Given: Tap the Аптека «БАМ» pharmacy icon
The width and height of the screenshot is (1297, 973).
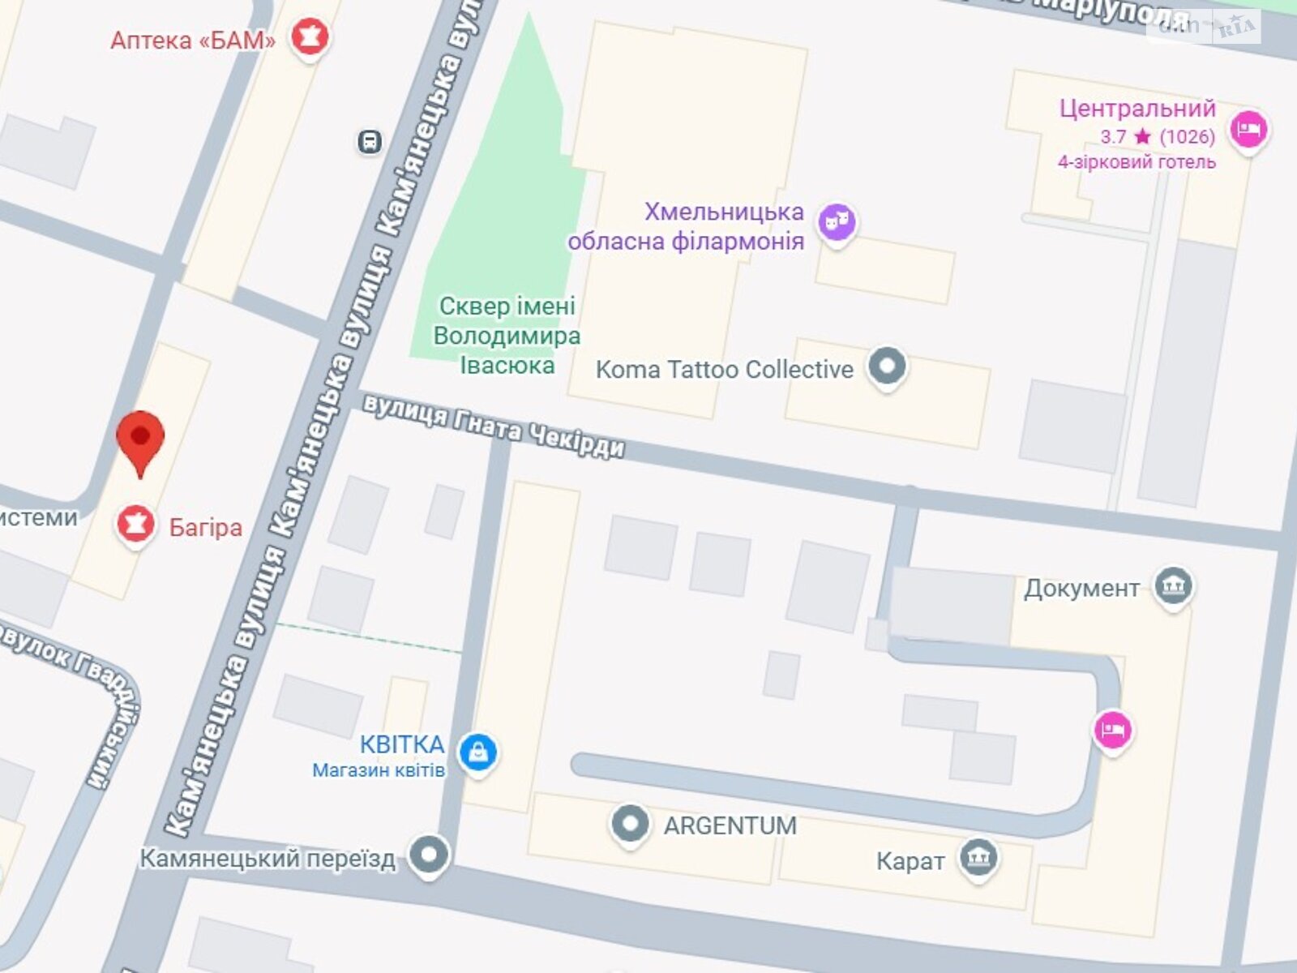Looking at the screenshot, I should tap(310, 36).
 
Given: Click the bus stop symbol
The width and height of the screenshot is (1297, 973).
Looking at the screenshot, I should tap(370, 143).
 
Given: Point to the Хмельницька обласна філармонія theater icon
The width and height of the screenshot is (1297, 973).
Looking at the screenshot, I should tap(837, 221).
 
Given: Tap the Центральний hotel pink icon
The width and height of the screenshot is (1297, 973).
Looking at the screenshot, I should tap(1248, 129).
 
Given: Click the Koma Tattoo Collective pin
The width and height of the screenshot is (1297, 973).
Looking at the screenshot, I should tap(887, 366).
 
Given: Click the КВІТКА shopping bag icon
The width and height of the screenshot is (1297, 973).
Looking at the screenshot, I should tap(478, 752).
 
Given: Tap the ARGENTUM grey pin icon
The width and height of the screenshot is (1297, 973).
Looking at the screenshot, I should tap(630, 824).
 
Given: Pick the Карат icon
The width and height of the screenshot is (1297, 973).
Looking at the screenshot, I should tap(978, 858).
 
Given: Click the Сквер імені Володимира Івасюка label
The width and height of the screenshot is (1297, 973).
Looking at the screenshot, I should tap(507, 336).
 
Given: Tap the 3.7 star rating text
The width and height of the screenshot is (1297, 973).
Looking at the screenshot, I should tap(1157, 136).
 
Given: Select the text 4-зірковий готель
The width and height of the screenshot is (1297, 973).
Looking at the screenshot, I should tap(1136, 162).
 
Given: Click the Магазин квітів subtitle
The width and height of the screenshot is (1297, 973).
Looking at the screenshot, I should tap(379, 770).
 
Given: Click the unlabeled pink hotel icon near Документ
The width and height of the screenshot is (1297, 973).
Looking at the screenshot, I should tap(1113, 730).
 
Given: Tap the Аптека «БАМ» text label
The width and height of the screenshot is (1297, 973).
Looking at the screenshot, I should tap(193, 41).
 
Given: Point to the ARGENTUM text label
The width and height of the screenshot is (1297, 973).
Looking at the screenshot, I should tap(730, 825).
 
